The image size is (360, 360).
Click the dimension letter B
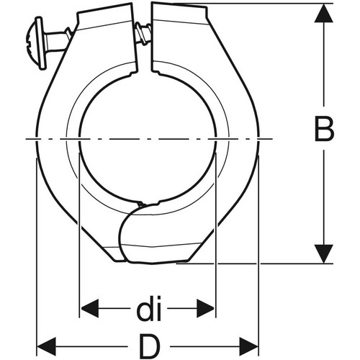(324, 129)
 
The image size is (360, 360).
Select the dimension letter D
(150, 346)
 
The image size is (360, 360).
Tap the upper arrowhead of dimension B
(324, 13)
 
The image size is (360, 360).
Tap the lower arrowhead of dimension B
(324, 254)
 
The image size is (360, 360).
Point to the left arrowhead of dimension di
(89, 308)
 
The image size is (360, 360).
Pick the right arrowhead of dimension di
(206, 308)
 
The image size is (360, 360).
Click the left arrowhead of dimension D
(47, 346)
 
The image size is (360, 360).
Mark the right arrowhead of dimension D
(248, 346)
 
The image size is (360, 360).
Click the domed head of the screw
(35, 42)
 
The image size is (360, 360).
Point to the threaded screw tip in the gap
(143, 33)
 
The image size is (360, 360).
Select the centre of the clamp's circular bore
(148, 138)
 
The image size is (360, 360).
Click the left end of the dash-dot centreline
(26, 139)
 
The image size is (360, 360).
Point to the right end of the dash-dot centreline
(272, 139)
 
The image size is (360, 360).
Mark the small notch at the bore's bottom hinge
(140, 204)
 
